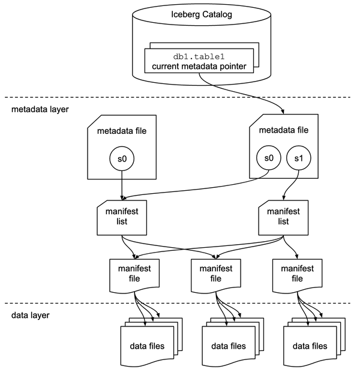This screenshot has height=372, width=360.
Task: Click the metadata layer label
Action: (x=40, y=110)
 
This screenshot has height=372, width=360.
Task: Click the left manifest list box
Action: (x=122, y=217)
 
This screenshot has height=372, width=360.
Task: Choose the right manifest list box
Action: (x=283, y=217)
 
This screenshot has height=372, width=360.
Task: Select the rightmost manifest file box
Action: (x=297, y=273)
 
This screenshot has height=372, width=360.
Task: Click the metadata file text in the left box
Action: (x=122, y=130)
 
